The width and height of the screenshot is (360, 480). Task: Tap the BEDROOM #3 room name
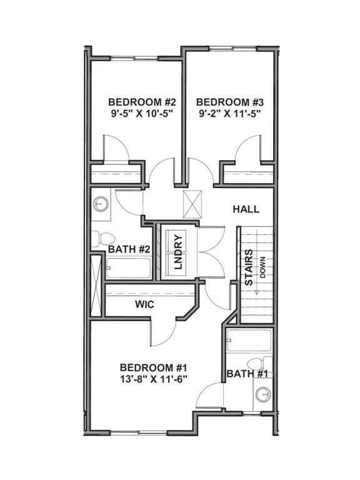224,102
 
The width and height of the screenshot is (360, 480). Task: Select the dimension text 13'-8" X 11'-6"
154,379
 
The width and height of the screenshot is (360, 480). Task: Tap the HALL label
246,209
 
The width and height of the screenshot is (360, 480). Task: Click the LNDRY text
177,251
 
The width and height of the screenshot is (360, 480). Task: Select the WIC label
145,304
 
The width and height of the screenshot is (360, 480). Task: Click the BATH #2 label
129,249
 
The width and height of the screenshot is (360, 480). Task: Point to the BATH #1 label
248,374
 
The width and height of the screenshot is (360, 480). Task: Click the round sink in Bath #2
100,203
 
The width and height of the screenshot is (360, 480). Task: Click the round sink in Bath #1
263,393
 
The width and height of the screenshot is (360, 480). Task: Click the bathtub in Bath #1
249,341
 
